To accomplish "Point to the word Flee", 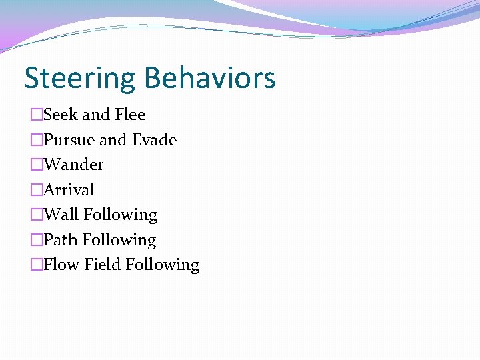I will pyautogui.click(x=130, y=115).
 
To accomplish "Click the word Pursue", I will pyautogui.click(x=69, y=140).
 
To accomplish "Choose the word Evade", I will pyautogui.click(x=155, y=140).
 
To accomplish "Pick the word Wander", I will pyautogui.click(x=73, y=165).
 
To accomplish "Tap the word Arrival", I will pyautogui.click(x=69, y=190).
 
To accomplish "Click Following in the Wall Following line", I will pyautogui.click(x=121, y=215).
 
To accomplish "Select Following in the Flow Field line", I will pyautogui.click(x=163, y=265).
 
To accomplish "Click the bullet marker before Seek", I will pyautogui.click(x=37, y=115).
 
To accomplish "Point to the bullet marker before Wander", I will pyautogui.click(x=37, y=165).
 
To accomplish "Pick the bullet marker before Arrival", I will pyautogui.click(x=37, y=190).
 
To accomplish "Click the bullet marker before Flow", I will pyautogui.click(x=37, y=265).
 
